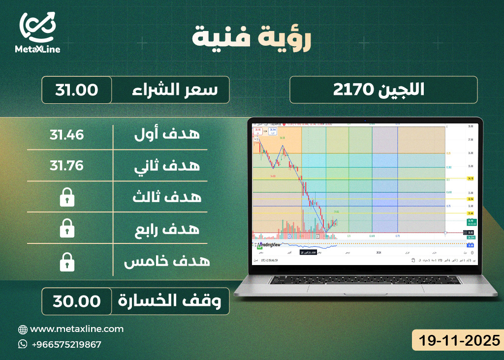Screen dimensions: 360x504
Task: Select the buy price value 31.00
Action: click(77, 90)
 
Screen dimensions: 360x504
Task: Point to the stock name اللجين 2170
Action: click(383, 90)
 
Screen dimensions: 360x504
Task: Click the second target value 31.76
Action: click(66, 165)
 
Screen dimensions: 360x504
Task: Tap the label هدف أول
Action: click(167, 134)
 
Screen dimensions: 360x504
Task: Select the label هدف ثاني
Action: click(167, 166)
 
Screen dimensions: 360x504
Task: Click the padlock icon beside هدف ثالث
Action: click(66, 198)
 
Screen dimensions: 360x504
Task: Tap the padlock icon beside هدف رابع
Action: click(66, 229)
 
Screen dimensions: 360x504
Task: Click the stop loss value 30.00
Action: click(77, 301)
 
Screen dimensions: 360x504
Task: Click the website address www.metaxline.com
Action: click(77, 329)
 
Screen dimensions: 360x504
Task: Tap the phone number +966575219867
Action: click(66, 344)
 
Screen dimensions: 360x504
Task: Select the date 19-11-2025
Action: click(455, 340)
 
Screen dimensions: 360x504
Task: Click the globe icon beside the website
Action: click(23, 329)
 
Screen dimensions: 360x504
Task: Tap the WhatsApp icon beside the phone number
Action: click(23, 344)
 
